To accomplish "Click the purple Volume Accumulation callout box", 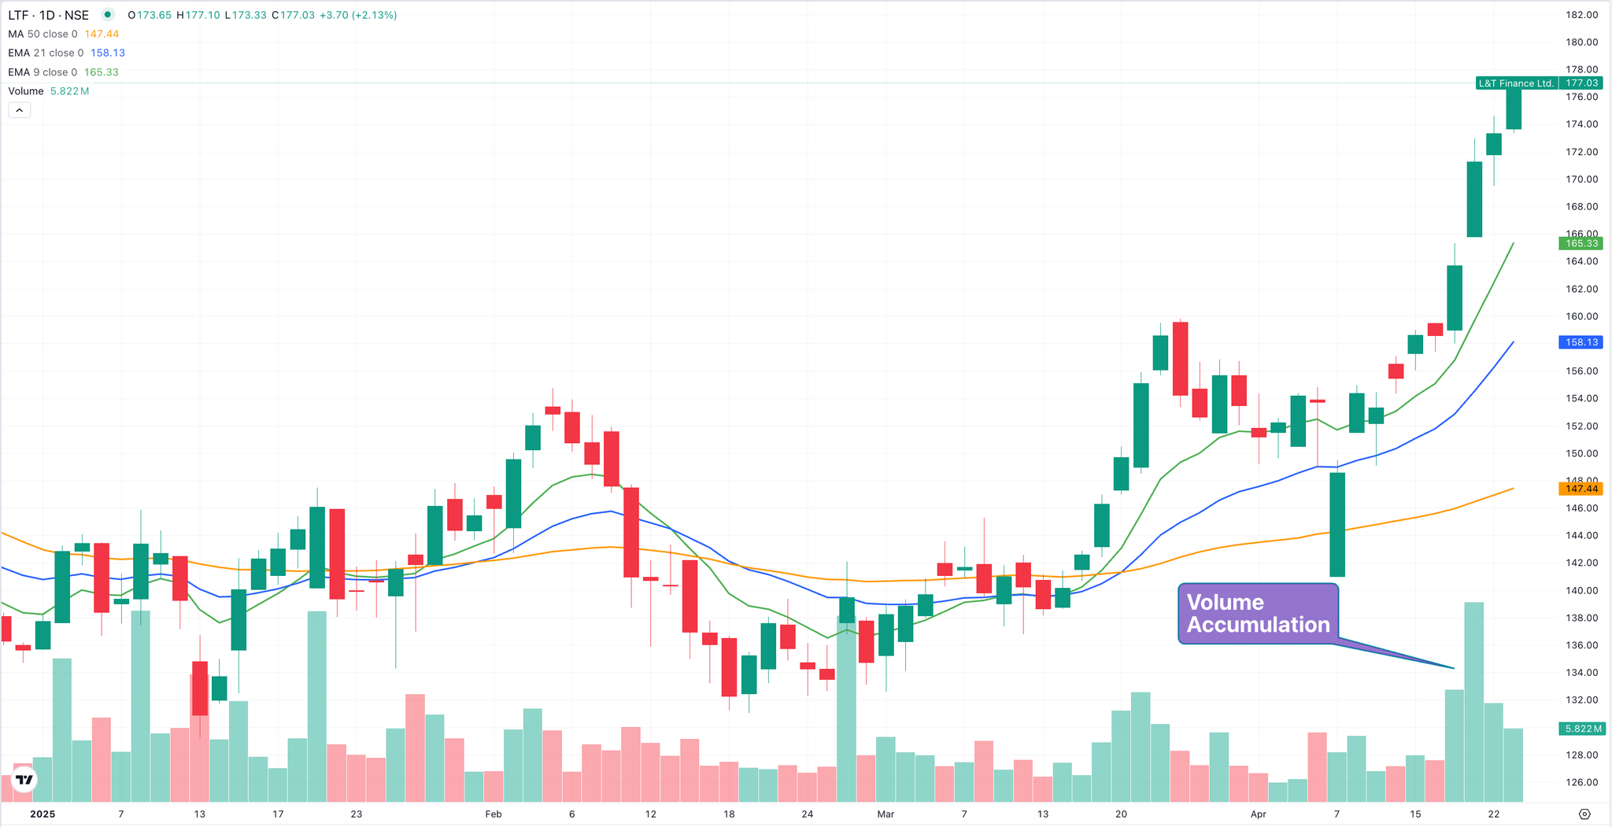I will pos(1258,614).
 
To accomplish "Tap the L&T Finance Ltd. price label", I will pos(1515,83).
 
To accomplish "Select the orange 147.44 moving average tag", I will pos(1581,489).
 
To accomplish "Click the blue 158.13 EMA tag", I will pos(1581,342).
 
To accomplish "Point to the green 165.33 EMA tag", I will pos(1581,244).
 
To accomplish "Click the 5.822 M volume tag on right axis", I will pos(1581,729).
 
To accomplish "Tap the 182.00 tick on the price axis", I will pos(1581,15).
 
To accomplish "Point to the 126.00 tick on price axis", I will pos(1581,782).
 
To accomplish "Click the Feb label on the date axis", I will pos(493,814).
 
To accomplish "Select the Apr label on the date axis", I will pos(1258,814).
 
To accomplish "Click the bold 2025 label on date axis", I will pos(43,814).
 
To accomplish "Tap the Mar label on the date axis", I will pos(885,814).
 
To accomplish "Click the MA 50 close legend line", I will pos(63,34).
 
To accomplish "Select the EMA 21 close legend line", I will pos(66,53).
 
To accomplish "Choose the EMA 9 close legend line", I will pos(63,72).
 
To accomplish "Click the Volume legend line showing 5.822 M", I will pos(48,91).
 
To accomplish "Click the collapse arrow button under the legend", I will pos(20,110).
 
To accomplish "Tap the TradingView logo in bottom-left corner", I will pos(24,779).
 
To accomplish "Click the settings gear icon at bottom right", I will pos(1585,814).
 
